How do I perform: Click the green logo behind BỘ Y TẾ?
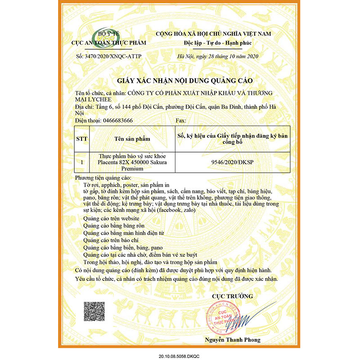[100, 36]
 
